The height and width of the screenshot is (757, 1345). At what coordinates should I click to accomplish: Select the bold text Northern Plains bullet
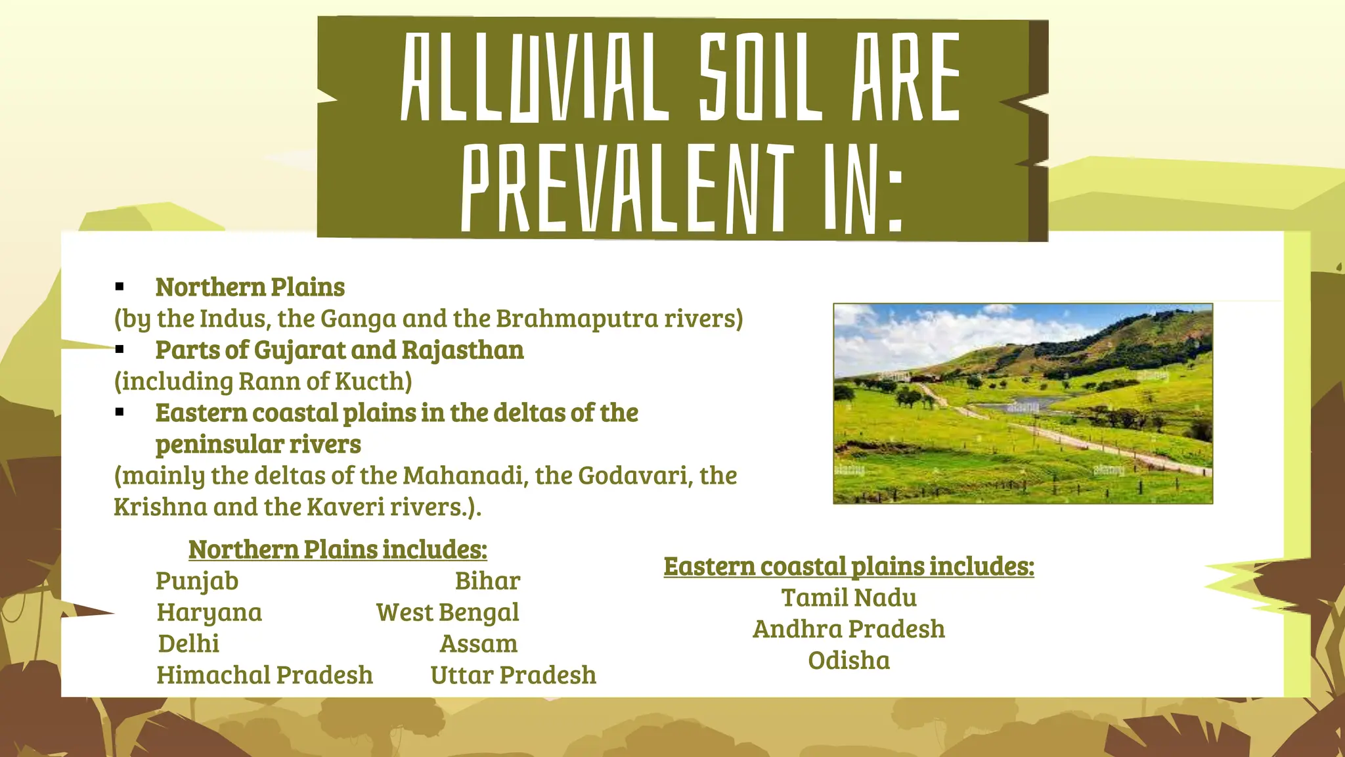click(x=250, y=287)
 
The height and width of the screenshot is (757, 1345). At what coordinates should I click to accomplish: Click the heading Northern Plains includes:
click(x=338, y=549)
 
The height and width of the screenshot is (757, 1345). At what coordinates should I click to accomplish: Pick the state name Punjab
click(x=197, y=581)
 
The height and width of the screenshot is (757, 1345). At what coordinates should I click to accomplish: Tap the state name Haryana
click(x=209, y=612)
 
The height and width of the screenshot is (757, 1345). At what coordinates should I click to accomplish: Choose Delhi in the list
click(x=188, y=644)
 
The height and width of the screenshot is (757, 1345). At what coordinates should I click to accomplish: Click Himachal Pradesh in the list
click(x=265, y=676)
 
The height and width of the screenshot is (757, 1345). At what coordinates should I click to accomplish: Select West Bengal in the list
click(x=447, y=612)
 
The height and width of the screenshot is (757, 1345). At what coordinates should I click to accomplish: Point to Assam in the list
click(x=479, y=644)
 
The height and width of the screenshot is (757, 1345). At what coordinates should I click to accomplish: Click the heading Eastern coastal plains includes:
click(x=849, y=566)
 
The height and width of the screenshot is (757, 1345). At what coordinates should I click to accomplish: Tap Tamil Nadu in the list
click(x=849, y=598)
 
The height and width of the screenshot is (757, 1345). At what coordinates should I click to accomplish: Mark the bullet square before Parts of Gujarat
click(x=120, y=350)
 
